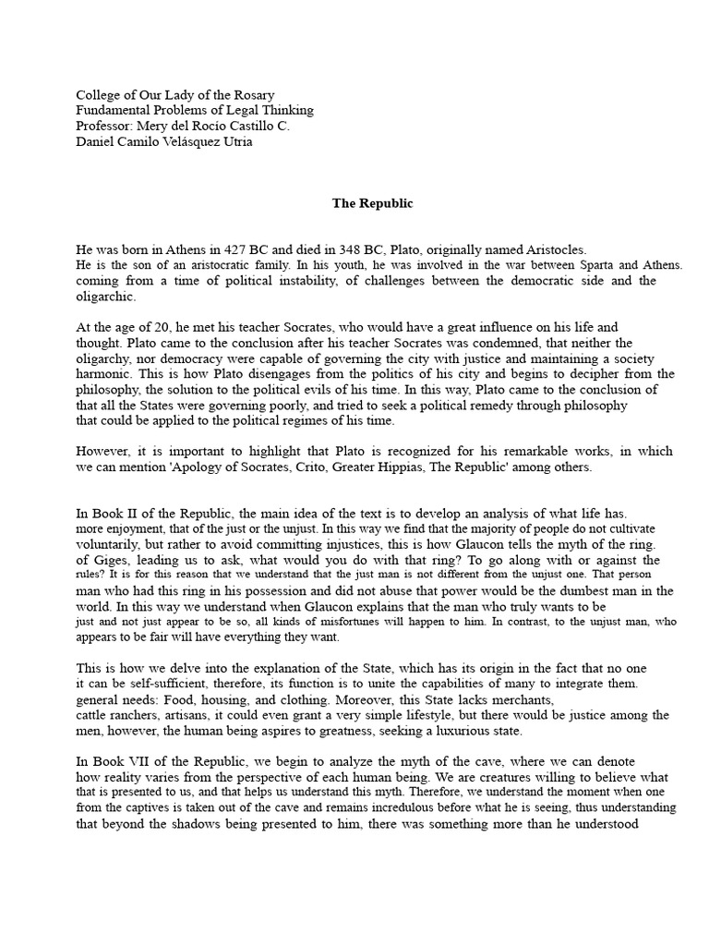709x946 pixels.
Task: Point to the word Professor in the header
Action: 104,126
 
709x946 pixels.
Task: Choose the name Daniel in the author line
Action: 97,141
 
